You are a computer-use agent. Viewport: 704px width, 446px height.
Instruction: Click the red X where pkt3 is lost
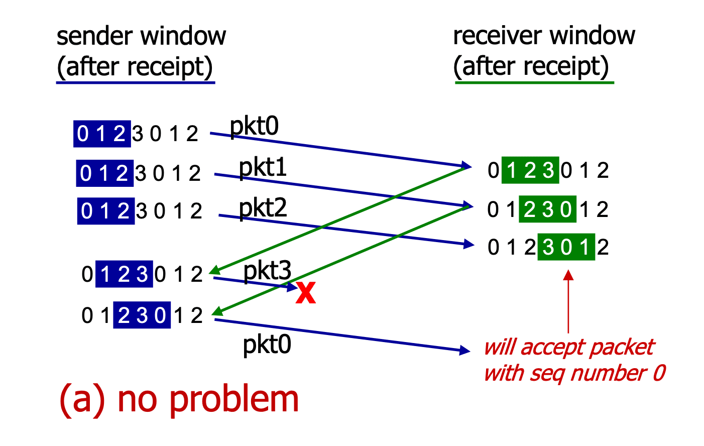(306, 293)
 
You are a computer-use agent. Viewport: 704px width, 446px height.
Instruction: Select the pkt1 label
(263, 168)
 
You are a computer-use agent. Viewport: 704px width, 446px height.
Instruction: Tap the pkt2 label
(263, 208)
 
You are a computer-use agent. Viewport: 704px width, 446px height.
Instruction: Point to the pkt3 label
(268, 270)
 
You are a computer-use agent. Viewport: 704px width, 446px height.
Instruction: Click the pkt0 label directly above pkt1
(254, 127)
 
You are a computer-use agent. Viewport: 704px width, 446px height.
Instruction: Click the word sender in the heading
(95, 36)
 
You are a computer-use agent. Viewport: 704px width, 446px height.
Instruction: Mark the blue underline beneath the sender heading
(136, 83)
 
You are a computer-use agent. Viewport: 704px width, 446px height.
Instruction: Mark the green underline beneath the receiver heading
(534, 83)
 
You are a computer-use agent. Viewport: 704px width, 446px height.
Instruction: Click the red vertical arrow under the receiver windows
(568, 301)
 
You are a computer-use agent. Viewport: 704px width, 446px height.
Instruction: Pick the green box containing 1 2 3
(530, 170)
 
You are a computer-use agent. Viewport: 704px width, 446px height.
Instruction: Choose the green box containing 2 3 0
(547, 209)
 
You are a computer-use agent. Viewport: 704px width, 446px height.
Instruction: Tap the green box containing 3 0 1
(566, 247)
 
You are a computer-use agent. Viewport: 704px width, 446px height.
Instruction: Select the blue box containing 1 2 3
(124, 274)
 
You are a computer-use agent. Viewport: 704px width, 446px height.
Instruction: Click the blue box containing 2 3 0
(142, 315)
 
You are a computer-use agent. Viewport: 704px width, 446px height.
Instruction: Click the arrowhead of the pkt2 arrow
(469, 244)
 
